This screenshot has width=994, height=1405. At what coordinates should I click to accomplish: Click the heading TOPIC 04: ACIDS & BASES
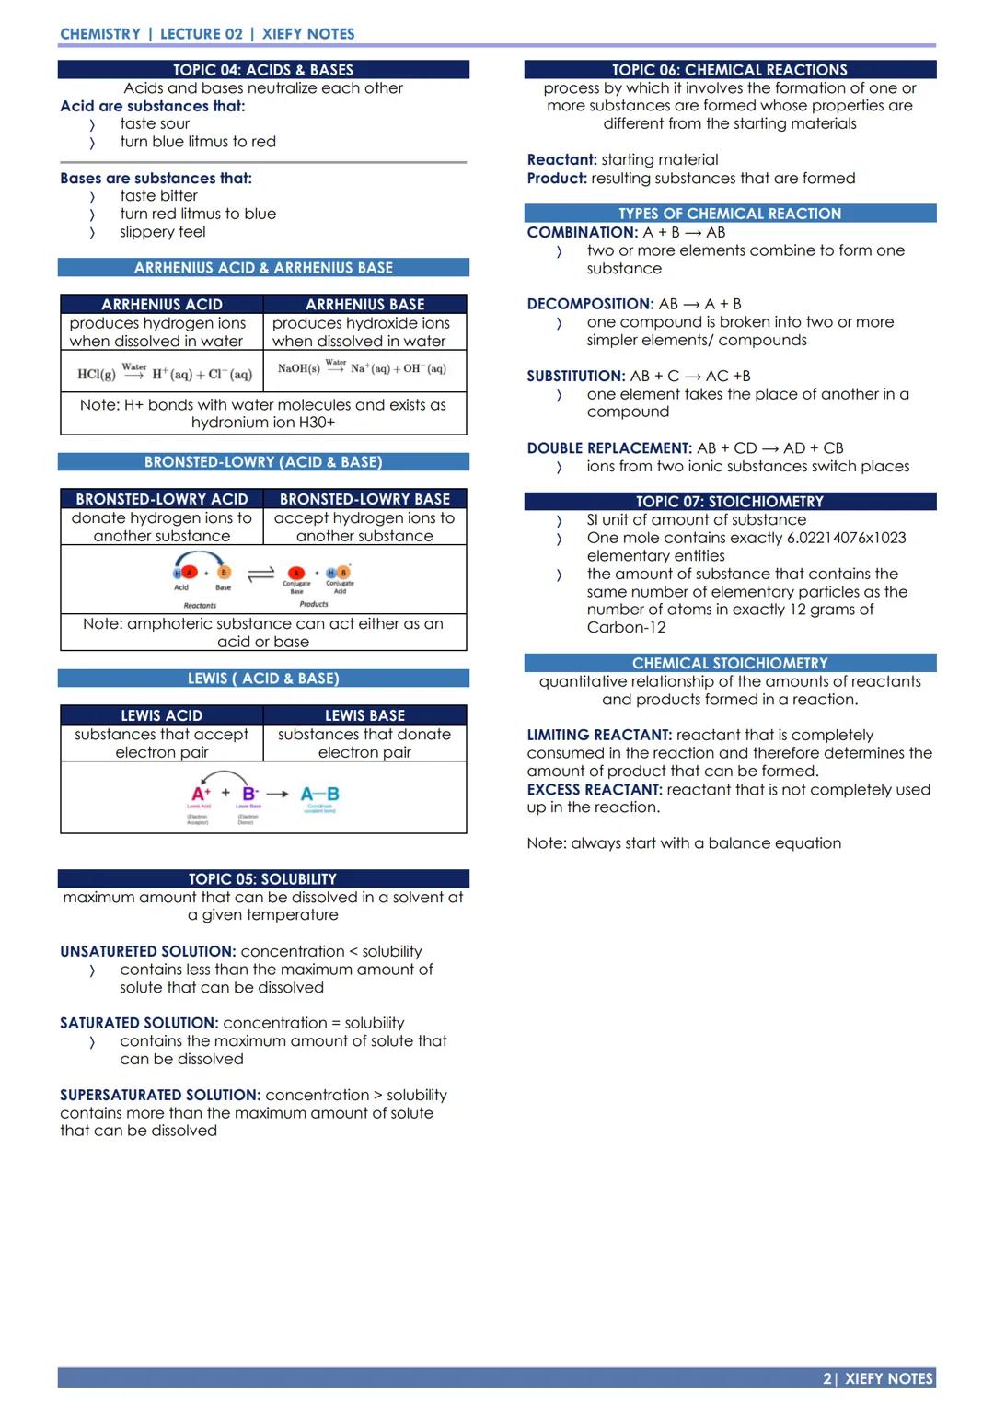pyautogui.click(x=263, y=70)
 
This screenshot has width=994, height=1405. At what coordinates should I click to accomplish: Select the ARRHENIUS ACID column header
pyautogui.click(x=162, y=304)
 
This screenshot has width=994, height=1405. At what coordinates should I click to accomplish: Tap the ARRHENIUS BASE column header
pyautogui.click(x=365, y=304)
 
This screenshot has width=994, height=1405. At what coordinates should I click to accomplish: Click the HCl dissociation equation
pyautogui.click(x=165, y=373)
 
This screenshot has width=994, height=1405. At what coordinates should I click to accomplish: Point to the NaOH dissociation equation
pyautogui.click(x=362, y=368)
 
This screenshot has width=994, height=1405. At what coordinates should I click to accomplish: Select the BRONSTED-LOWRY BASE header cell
pyautogui.click(x=365, y=499)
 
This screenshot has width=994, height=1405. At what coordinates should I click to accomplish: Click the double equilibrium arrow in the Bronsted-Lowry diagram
pyautogui.click(x=261, y=574)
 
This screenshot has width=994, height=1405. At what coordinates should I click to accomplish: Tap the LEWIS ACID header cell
pyautogui.click(x=162, y=715)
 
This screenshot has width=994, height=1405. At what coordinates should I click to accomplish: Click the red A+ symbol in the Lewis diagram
pyautogui.click(x=201, y=794)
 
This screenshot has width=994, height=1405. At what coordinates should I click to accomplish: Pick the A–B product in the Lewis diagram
pyautogui.click(x=319, y=794)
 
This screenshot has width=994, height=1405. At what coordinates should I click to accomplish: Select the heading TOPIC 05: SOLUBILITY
pyautogui.click(x=263, y=879)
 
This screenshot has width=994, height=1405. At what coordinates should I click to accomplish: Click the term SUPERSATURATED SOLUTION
pyautogui.click(x=160, y=1095)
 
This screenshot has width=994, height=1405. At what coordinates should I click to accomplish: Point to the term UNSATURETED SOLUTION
pyautogui.click(x=147, y=951)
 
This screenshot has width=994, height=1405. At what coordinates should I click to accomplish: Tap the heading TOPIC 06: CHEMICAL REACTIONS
pyautogui.click(x=730, y=70)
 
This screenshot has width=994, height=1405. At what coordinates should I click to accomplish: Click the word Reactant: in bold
pyautogui.click(x=561, y=160)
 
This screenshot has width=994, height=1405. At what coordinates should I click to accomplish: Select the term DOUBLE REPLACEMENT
pyautogui.click(x=609, y=448)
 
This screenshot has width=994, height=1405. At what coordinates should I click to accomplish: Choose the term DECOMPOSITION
pyautogui.click(x=590, y=304)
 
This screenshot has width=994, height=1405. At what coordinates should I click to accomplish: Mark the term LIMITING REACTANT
pyautogui.click(x=599, y=735)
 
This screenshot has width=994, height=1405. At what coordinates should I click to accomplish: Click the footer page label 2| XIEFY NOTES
pyautogui.click(x=878, y=1378)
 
